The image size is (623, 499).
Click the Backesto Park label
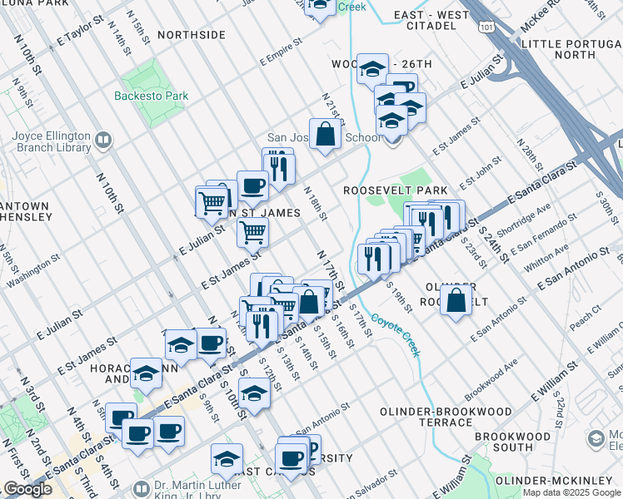[152, 96]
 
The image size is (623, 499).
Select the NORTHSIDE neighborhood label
[191, 35]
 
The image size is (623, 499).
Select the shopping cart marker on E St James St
[252, 233]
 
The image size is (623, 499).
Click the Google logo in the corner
[27, 489]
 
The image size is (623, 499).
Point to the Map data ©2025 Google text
[571, 492]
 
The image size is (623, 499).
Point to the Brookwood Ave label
[491, 378]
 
